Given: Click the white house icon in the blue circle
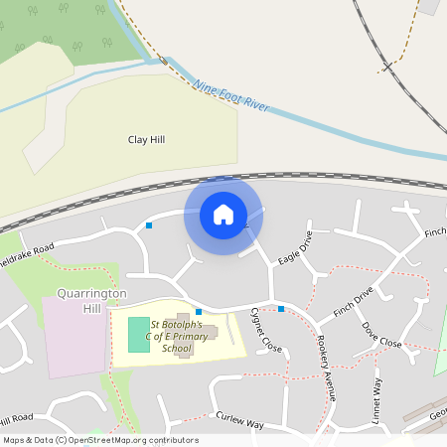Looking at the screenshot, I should pos(223,215).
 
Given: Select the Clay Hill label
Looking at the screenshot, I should pos(146,140).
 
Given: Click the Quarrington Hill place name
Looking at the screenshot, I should pos(77,302).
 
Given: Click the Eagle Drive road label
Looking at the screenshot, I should pos(296,247).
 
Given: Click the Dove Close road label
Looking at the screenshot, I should pos(381,334).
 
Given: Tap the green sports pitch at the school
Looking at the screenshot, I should pos(139,335).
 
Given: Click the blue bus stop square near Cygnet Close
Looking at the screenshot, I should pos(281,310).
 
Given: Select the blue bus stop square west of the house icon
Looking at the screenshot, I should pos(149,225).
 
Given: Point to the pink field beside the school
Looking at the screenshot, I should pos(74,336).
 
